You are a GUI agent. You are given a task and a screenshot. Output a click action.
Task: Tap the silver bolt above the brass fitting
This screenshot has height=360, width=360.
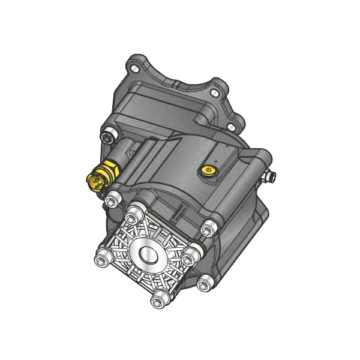(x=108, y=137)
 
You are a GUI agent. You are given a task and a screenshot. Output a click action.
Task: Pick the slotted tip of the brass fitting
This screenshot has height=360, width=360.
(x=93, y=179)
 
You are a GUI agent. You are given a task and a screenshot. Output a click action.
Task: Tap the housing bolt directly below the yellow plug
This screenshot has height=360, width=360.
(x=206, y=228)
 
